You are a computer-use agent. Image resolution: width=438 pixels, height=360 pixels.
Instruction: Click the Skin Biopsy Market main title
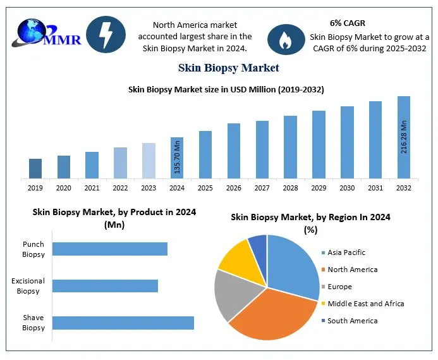click(x=228, y=67)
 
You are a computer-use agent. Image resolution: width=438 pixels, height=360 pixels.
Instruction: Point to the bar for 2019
click(x=35, y=168)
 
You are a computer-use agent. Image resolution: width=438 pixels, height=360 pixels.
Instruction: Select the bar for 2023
click(x=149, y=161)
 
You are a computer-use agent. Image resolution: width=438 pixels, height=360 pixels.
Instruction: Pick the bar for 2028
click(x=290, y=147)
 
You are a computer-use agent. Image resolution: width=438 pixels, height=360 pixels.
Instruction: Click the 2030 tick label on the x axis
click(x=347, y=189)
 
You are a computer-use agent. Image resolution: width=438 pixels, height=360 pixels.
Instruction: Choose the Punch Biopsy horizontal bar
click(x=109, y=249)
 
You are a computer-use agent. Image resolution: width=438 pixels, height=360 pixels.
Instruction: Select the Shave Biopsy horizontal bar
click(x=123, y=323)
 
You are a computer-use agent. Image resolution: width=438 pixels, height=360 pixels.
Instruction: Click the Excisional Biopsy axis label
click(x=28, y=286)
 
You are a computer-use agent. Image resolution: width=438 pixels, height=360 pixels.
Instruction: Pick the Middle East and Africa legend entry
click(x=365, y=304)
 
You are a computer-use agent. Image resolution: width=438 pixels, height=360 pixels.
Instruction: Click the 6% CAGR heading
click(x=347, y=23)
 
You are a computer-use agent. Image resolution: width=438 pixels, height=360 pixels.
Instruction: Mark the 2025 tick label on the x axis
click(x=205, y=189)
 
